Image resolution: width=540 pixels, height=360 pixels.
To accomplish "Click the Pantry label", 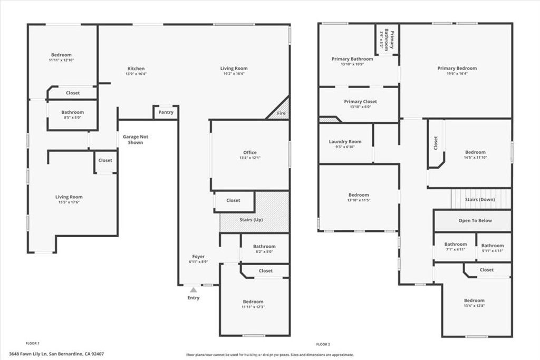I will pos(166,112).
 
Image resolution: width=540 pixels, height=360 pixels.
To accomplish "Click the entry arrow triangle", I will pos(194,289).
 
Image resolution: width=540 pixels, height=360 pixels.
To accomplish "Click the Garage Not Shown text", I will pos(136,140).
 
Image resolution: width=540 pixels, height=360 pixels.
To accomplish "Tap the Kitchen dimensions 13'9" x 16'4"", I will pos(136,74).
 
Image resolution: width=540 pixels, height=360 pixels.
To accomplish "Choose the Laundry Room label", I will pos(345,141).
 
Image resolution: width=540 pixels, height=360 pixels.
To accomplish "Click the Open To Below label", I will pos(475,220).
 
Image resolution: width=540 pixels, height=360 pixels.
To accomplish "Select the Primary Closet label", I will pos(360,101).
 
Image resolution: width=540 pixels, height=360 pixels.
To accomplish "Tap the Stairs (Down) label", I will pos(479,200).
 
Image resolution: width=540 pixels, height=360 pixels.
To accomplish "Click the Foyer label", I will pos(198,257).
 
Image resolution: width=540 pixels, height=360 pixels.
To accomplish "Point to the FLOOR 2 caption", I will pos(323,344).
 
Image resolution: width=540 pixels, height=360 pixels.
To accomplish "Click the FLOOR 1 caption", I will pos(33,343).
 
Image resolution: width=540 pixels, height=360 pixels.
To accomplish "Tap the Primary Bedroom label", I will pos(457,68).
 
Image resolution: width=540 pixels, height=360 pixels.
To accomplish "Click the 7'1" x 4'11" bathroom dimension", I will pos(455,250).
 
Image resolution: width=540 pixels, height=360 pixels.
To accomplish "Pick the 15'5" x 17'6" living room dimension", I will pos(69,202).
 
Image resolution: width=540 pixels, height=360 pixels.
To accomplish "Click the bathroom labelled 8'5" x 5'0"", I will pos(72,112).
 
